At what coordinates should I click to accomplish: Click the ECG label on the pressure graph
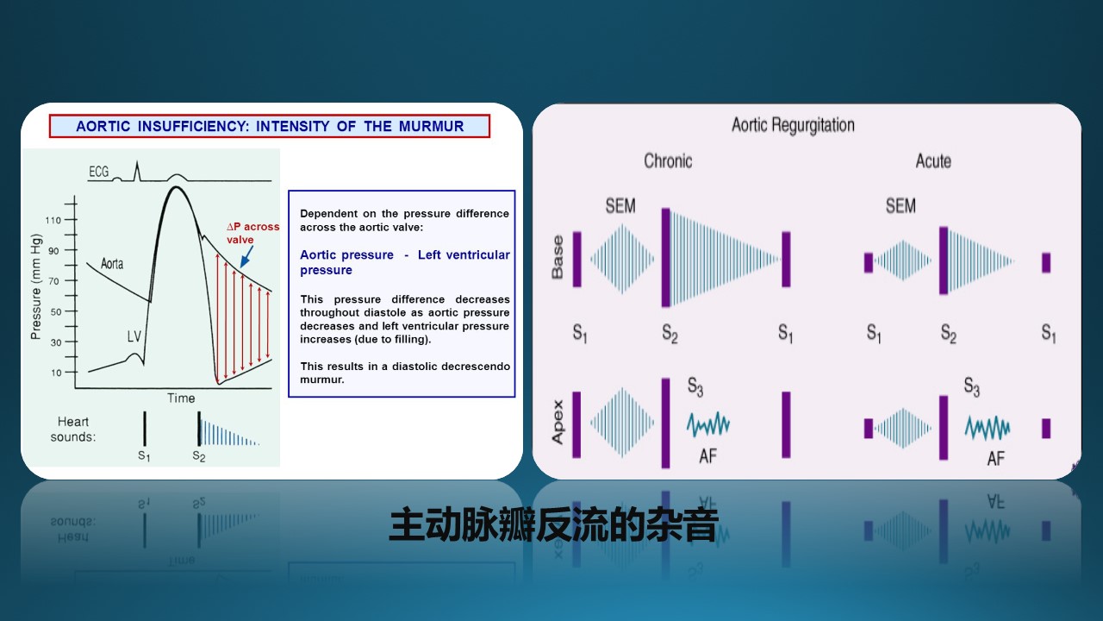coord(98,172)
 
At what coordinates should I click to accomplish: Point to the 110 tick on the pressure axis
coord(53,220)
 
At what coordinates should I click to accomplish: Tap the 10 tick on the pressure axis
coord(56,373)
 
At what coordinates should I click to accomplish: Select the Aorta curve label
coord(112,264)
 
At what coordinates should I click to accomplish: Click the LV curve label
coord(134,336)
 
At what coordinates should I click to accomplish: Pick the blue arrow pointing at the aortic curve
coord(246,256)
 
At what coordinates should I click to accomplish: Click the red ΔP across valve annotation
coord(253,233)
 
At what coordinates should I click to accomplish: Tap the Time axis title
coord(181,398)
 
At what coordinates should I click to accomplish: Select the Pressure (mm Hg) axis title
coord(36,286)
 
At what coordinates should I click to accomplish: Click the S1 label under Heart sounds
coord(144,455)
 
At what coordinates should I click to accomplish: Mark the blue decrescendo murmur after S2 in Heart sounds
coord(230,434)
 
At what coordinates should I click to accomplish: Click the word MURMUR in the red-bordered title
coord(432,126)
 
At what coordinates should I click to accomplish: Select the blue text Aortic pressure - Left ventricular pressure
coord(405,262)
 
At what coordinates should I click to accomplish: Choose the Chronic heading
coord(668,160)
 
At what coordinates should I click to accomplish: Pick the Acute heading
coord(933,160)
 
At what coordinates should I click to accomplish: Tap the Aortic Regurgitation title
coord(793,125)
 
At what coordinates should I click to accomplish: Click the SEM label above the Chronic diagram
coord(620,205)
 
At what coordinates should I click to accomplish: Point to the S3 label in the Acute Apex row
coord(971,387)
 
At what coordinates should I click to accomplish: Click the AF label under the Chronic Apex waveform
coord(707,456)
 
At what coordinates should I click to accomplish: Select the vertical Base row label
coord(558,257)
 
